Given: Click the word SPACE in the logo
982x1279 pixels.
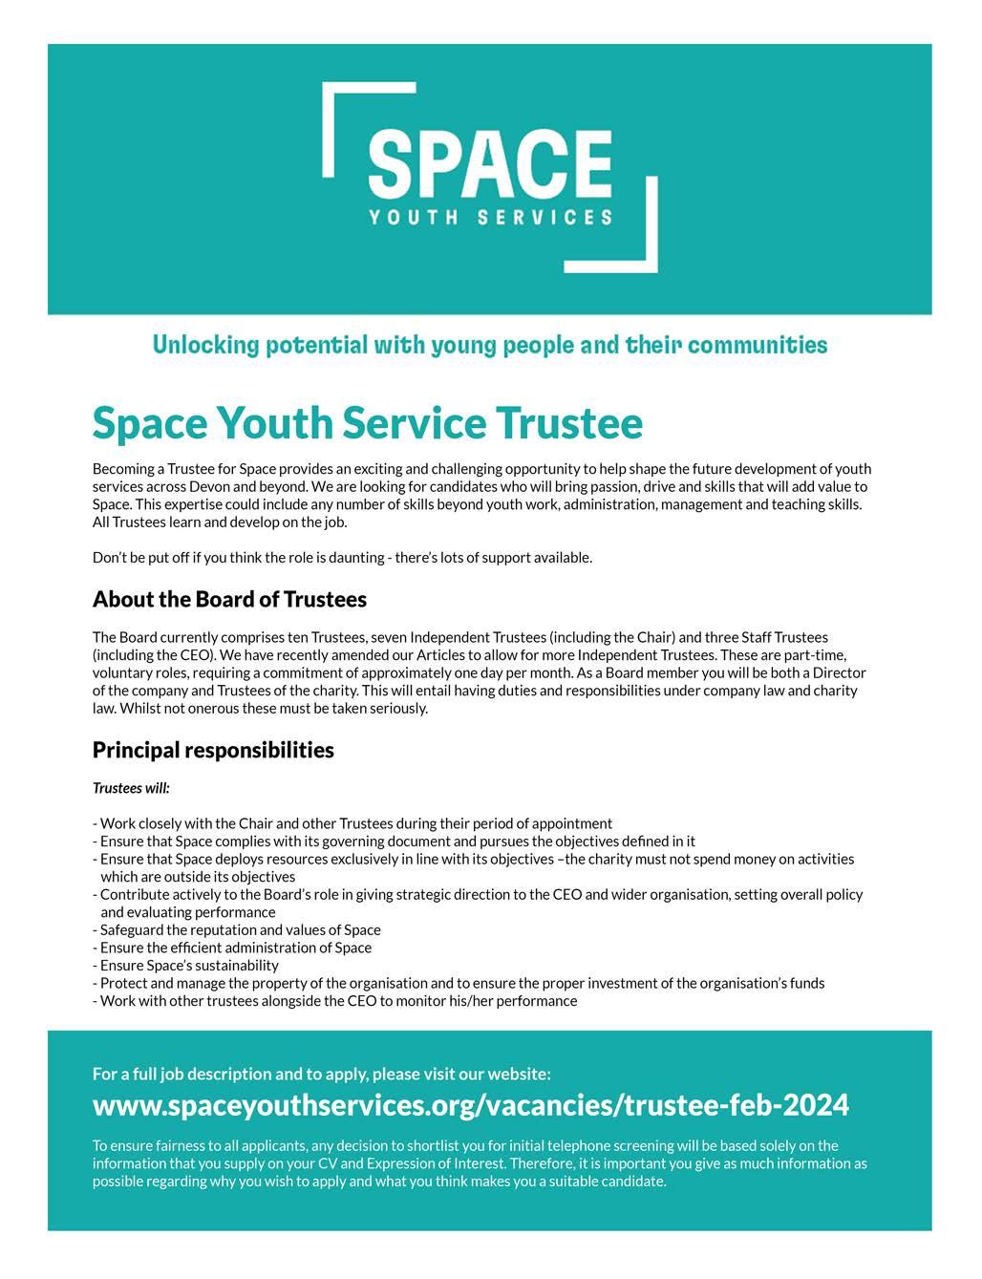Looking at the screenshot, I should pyautogui.click(x=490, y=164).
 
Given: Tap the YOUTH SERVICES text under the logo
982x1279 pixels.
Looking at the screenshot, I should pyautogui.click(x=490, y=217).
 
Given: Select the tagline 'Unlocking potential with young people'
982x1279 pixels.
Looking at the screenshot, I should pyautogui.click(x=490, y=345).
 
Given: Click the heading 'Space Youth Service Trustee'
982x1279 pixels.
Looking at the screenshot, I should pyautogui.click(x=368, y=423).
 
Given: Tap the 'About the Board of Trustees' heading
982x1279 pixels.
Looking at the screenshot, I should pyautogui.click(x=229, y=600).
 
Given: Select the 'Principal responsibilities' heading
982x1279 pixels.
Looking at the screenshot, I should pyautogui.click(x=213, y=750).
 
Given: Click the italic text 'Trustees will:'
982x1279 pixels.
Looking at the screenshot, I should pyautogui.click(x=131, y=788).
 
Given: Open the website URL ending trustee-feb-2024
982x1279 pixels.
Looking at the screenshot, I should pyautogui.click(x=470, y=1105).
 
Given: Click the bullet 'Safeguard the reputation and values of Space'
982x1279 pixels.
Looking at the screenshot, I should pyautogui.click(x=240, y=929).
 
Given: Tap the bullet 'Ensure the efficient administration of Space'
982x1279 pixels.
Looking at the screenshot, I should pyautogui.click(x=235, y=948).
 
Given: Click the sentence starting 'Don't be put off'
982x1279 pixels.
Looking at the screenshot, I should pyautogui.click(x=342, y=557).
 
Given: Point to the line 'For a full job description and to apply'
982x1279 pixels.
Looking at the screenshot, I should pyautogui.click(x=321, y=1074).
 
